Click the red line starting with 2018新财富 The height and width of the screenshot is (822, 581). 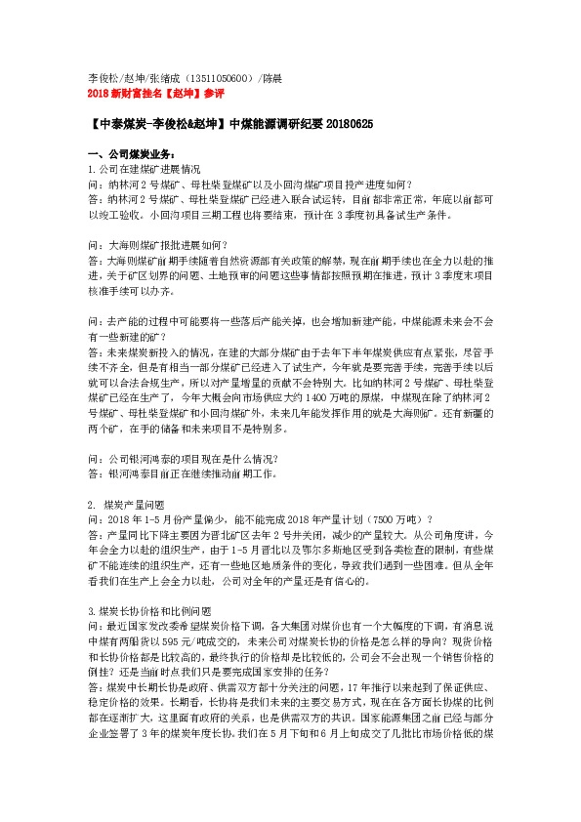pyautogui.click(x=156, y=95)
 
